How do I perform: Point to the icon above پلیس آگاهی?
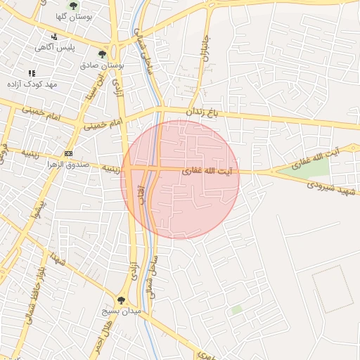(54, 37)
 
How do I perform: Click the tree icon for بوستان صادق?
(103, 54)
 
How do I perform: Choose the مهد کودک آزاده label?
(31, 84)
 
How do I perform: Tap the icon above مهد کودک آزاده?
(31, 73)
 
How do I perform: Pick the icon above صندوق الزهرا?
(68, 153)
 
